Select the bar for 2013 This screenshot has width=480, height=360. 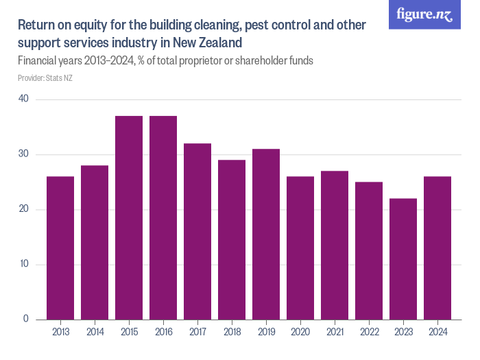coord(60,248)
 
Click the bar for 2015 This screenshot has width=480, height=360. coord(129,218)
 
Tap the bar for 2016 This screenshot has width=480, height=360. coord(163,218)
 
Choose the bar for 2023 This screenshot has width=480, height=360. coord(403,259)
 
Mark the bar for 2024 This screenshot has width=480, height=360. coord(437,248)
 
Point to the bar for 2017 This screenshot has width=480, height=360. coord(197,232)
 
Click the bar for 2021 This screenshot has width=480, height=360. coord(335,245)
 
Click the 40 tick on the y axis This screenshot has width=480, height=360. coord(24,99)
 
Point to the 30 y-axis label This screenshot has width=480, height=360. coord(24,154)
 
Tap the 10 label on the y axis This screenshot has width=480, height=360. coord(24,264)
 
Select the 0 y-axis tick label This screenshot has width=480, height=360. coord(26,319)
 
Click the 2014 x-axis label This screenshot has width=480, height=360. coord(95,333)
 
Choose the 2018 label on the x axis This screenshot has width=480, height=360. coord(232,333)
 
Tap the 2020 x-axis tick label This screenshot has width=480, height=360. coord(300,333)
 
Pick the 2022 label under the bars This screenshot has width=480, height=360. coord(369,333)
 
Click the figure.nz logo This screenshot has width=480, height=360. coord(424,14)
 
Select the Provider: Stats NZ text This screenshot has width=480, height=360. coord(45,78)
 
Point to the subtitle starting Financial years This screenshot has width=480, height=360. coord(165,60)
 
